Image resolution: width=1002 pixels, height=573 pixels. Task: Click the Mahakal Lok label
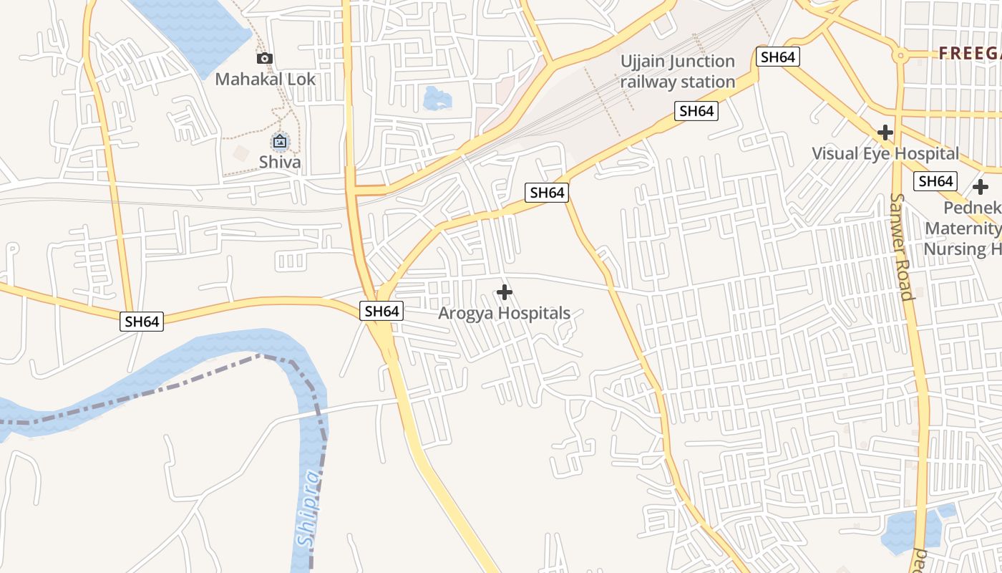point(265,79)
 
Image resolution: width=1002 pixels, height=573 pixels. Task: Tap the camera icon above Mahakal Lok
point(265,59)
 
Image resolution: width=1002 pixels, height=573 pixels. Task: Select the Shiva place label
point(280,162)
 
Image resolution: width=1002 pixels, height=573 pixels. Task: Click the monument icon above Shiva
point(280,141)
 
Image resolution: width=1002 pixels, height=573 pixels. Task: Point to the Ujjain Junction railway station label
point(678,72)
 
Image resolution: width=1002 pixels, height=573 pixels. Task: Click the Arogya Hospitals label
point(505,313)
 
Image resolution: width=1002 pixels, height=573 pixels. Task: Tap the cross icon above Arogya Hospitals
point(505,292)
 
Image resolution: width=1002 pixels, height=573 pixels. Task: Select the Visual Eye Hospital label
point(885,153)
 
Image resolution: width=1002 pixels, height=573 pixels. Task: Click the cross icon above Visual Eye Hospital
point(885,133)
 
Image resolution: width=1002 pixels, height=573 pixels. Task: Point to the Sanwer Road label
point(901,246)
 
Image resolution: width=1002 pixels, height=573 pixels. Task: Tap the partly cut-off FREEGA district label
point(970,52)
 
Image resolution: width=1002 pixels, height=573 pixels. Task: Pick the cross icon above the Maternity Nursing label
point(981,188)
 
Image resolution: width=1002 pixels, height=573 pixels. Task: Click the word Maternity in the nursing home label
point(963,228)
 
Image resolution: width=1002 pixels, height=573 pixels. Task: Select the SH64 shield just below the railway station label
point(696,111)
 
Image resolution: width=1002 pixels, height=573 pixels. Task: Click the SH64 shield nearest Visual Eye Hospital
point(935,181)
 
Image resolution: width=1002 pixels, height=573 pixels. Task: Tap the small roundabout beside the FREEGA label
point(899,54)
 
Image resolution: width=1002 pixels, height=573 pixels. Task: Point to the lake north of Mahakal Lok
point(193,29)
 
